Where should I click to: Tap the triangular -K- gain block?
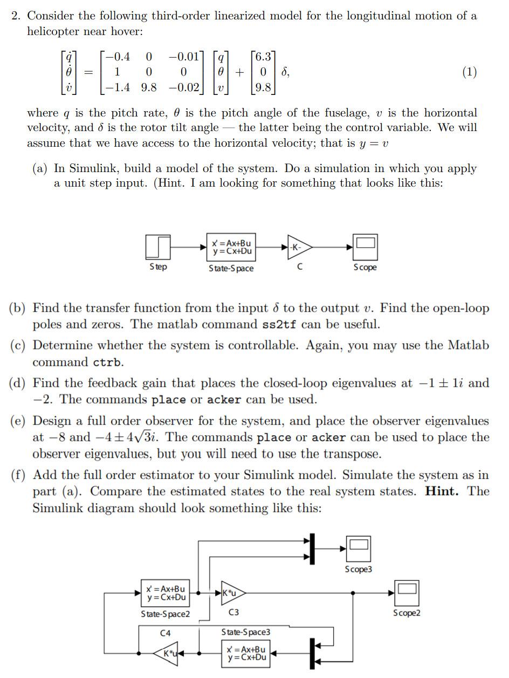click(298, 248)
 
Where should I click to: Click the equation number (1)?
click(469, 72)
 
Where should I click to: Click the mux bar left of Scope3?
click(312, 549)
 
